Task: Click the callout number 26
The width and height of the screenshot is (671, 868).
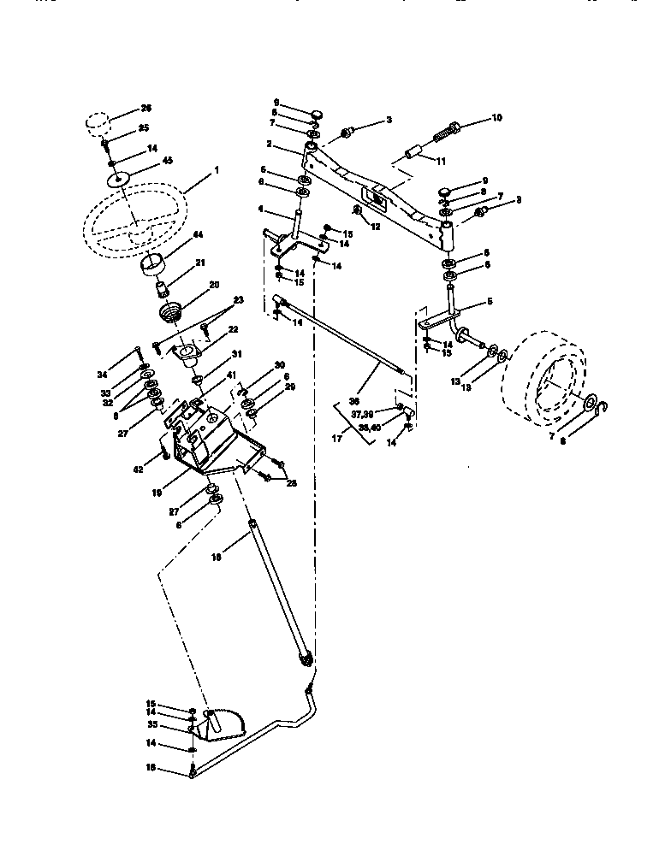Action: click(x=145, y=109)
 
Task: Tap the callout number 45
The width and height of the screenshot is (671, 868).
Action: click(x=167, y=160)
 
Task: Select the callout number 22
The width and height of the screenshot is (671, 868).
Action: click(x=233, y=330)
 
